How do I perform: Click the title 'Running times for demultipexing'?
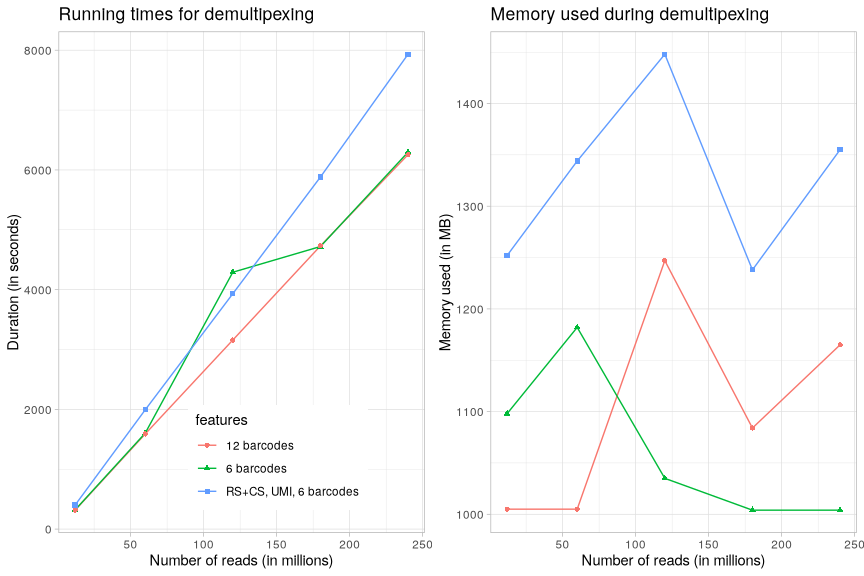tap(186, 15)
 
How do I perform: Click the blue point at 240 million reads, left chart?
tap(408, 55)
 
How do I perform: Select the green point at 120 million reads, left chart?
tap(233, 272)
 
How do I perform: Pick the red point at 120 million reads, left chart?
tap(233, 340)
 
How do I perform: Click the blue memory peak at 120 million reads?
tap(664, 55)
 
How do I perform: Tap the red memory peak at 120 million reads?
tap(664, 261)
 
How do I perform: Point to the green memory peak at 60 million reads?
tap(577, 327)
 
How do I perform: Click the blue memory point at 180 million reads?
tap(752, 269)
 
